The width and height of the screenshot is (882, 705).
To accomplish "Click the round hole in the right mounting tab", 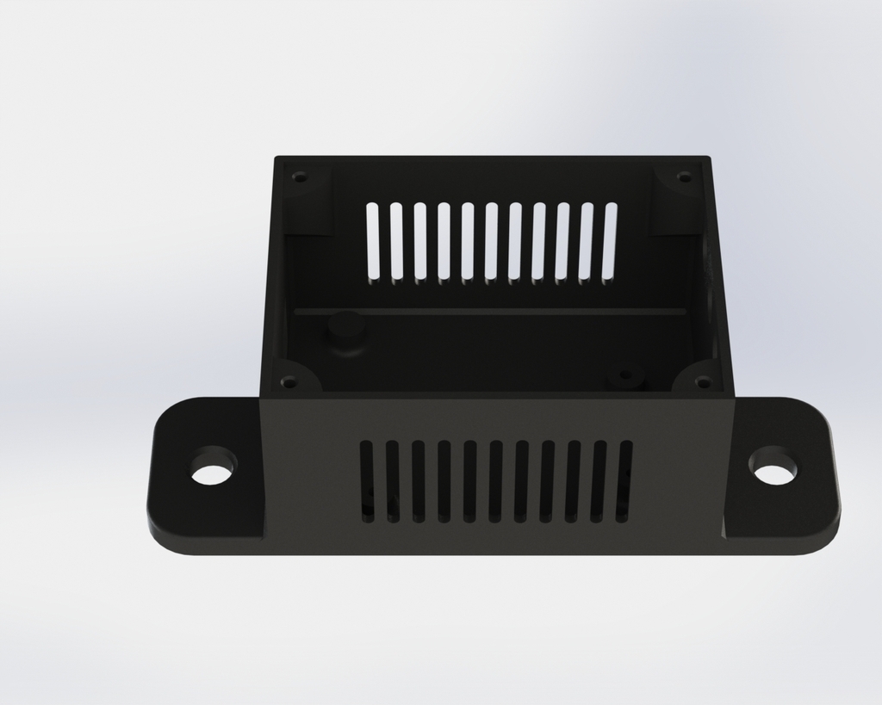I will click(x=773, y=466).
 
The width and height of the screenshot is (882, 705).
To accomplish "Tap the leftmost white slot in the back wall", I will click(x=372, y=241).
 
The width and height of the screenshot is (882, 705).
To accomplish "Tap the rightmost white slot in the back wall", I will click(x=610, y=241).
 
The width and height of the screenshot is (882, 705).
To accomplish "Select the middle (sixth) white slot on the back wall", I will click(x=491, y=241).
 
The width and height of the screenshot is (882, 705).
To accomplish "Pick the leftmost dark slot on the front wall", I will click(x=367, y=481).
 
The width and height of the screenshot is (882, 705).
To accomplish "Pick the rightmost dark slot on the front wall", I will click(x=624, y=481).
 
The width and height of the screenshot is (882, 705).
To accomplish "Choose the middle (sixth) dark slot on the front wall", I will click(x=495, y=481).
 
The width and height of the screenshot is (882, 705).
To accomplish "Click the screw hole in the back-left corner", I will click(x=299, y=177).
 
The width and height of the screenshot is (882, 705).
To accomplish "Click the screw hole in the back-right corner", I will click(x=684, y=177).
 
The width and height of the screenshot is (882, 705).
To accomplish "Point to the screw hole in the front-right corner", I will click(x=703, y=380).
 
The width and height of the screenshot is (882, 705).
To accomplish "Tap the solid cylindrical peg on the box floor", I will click(x=346, y=331).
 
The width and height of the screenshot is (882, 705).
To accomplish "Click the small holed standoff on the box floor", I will click(x=625, y=377).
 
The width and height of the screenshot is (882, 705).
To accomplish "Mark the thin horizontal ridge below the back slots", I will click(x=491, y=311).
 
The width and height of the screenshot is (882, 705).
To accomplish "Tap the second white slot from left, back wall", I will click(x=396, y=241).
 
